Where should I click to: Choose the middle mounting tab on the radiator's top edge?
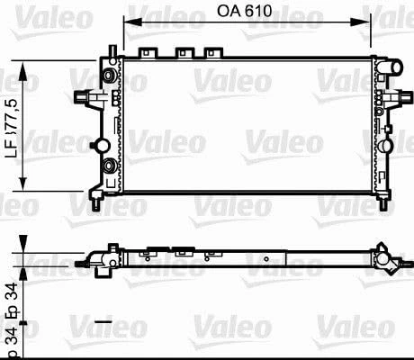[186, 53]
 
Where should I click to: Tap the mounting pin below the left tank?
[97, 195]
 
